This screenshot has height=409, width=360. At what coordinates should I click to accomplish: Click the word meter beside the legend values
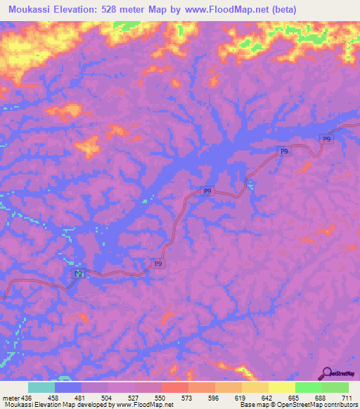[11, 398]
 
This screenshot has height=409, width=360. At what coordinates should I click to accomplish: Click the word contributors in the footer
[337, 405]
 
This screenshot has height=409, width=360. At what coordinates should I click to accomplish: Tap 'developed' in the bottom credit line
[90, 405]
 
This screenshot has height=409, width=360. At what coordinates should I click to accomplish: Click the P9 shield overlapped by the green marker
[75, 273]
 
